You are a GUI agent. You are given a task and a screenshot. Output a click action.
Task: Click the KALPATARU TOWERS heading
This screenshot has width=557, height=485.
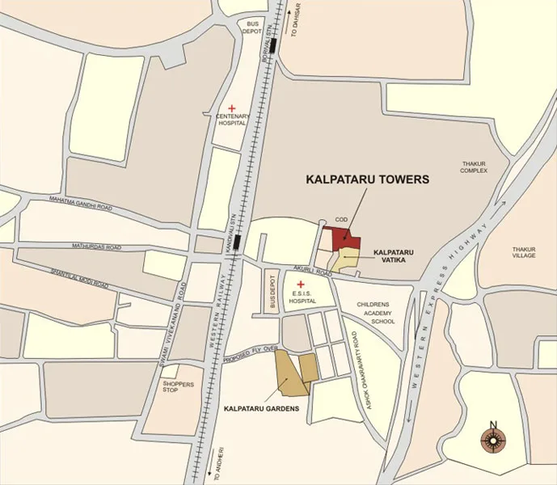[x=366, y=180]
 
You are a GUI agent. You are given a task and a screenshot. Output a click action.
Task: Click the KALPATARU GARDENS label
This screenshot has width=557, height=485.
[x=261, y=409]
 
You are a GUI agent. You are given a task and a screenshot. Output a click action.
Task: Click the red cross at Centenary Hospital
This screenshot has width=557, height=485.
[x=231, y=108]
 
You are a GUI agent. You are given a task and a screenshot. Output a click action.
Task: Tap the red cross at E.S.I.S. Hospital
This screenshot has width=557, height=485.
[x=301, y=284]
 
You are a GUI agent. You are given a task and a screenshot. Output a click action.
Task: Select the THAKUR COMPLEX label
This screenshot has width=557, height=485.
[x=475, y=167]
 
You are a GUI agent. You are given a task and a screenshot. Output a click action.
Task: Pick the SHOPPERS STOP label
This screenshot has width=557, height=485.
[x=178, y=387]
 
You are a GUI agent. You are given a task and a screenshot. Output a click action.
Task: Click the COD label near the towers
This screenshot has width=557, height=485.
[x=341, y=219]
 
